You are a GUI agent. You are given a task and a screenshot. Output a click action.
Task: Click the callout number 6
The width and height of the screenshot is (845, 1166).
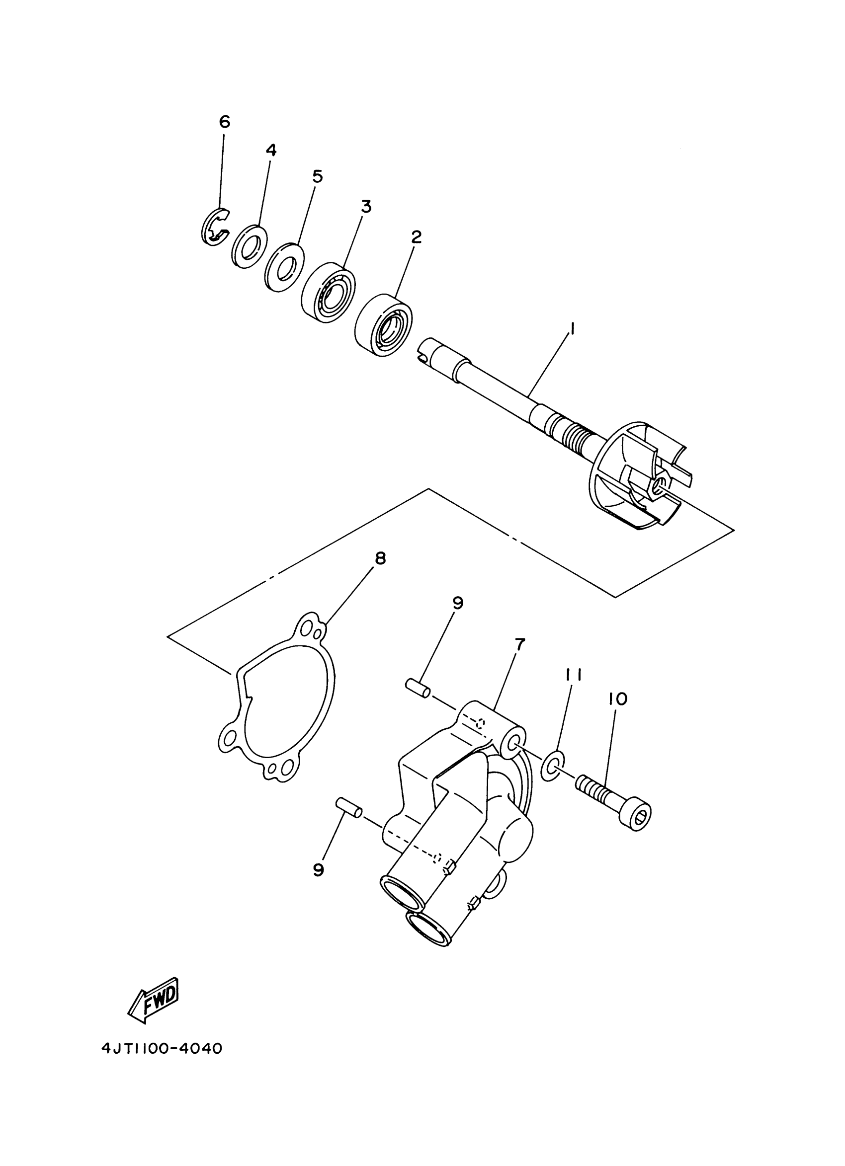(224, 122)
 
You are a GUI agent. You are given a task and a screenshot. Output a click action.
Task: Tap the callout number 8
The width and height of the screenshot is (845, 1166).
(380, 558)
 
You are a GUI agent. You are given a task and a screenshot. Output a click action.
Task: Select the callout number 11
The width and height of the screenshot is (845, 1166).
(574, 674)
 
